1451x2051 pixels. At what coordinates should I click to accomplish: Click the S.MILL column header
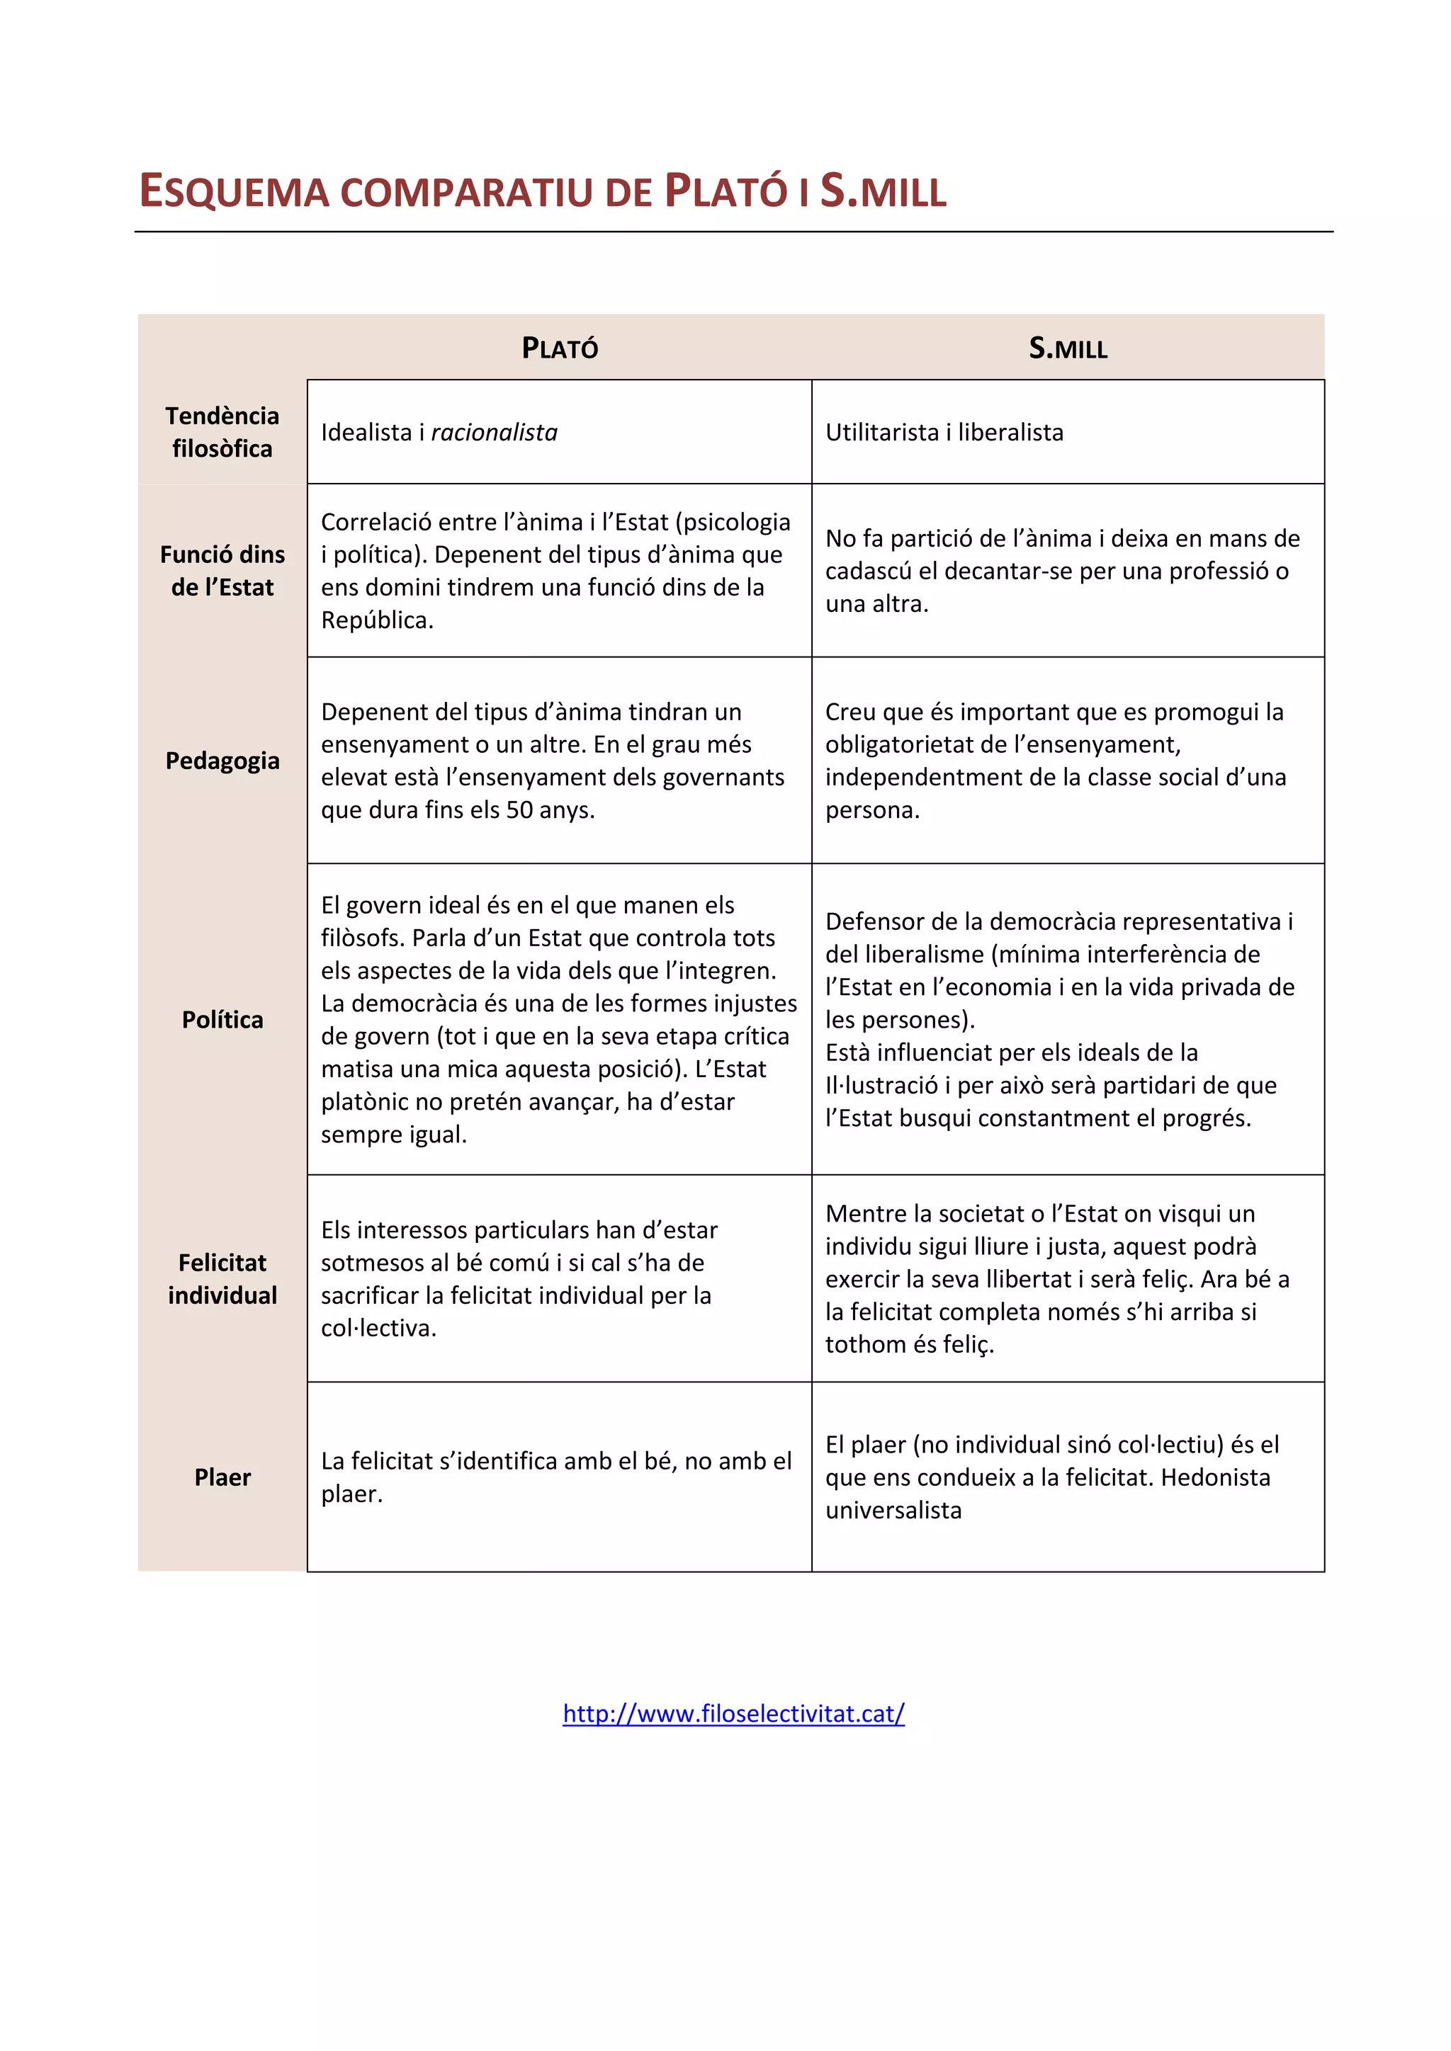pos(1068,348)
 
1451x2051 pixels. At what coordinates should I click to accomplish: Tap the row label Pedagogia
pos(222,761)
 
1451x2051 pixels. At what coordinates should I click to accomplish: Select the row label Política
pos(222,1020)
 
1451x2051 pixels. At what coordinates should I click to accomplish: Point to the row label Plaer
pos(222,1477)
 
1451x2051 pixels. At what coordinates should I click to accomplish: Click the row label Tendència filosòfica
pos(222,432)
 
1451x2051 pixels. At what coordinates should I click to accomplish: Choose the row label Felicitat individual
pos(222,1279)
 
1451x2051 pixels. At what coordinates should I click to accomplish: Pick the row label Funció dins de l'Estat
pos(222,571)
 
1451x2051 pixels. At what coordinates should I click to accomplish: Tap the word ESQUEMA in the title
pos(234,192)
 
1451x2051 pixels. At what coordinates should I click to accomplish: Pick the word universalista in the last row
pos(893,1511)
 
